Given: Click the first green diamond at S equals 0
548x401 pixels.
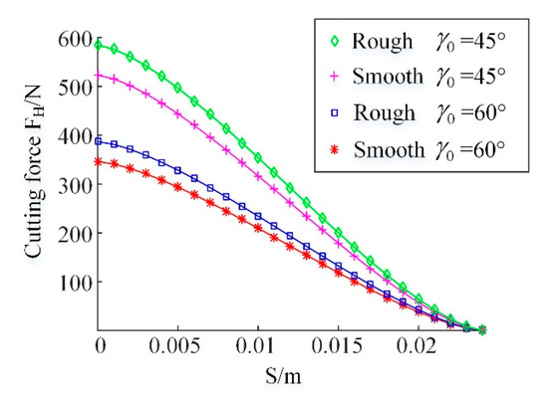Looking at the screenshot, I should click(99, 45).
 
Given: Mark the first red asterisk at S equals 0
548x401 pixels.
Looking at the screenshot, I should click(99, 161).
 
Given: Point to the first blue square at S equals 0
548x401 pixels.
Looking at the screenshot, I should click(99, 141).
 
